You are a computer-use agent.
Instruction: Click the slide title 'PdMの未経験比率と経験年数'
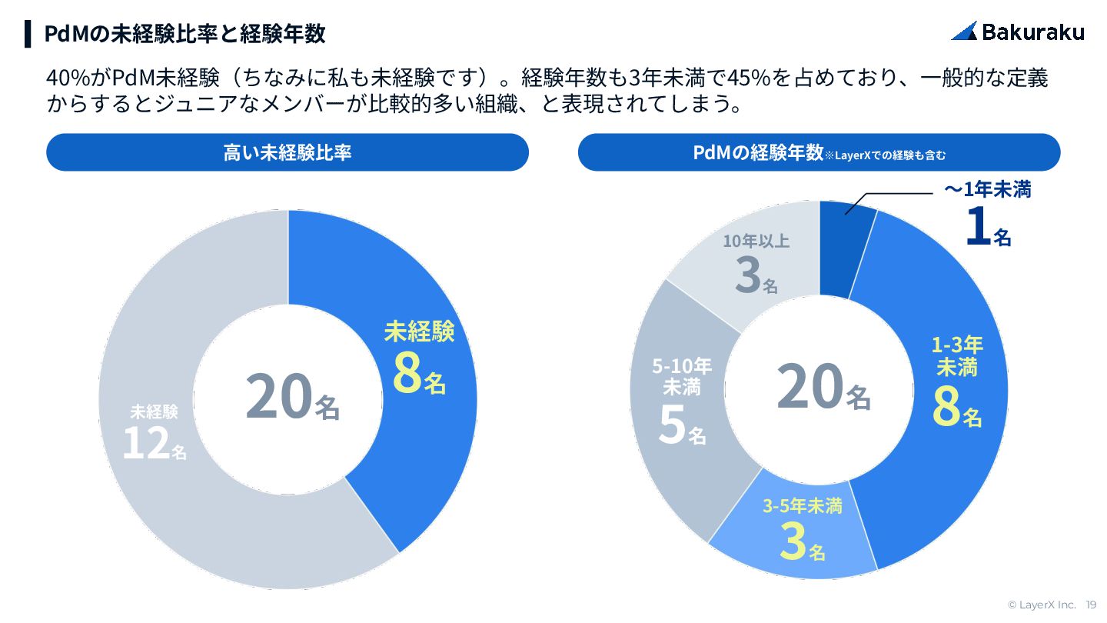(x=184, y=34)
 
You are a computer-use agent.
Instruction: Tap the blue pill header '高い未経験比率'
(x=287, y=152)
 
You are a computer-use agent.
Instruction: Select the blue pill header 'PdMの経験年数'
(x=757, y=152)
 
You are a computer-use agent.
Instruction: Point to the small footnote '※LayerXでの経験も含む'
(x=885, y=155)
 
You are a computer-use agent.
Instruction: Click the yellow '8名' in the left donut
(x=419, y=373)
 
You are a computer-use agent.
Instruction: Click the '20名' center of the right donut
(x=823, y=388)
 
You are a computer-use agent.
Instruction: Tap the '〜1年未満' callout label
(x=987, y=190)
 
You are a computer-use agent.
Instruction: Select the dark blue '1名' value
(x=988, y=228)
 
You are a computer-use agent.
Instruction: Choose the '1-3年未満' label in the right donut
(x=957, y=356)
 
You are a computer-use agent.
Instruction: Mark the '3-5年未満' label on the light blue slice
(x=802, y=506)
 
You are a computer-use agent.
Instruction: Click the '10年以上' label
(x=756, y=242)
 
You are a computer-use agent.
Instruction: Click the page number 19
(x=1091, y=605)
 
